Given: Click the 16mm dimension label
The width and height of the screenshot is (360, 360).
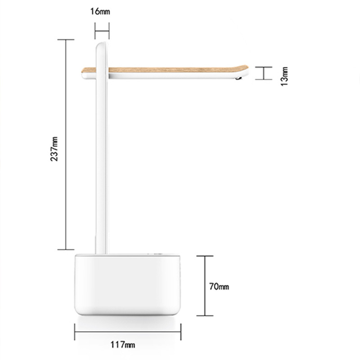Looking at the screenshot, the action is [100, 11].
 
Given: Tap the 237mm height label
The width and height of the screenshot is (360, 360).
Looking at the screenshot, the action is [54, 149].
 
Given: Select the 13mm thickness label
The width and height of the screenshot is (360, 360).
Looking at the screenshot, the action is [284, 76].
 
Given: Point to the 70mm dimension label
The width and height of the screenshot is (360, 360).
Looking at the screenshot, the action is [219, 287].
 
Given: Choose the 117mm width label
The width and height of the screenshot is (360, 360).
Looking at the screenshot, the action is [123, 345].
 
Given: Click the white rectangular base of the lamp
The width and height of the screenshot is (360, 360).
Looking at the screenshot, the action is [127, 284].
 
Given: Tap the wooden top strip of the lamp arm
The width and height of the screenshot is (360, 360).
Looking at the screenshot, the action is [165, 69].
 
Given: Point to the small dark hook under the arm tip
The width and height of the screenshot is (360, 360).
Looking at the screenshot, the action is [238, 78].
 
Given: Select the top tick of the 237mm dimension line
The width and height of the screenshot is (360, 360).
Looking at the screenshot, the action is [66, 40].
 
